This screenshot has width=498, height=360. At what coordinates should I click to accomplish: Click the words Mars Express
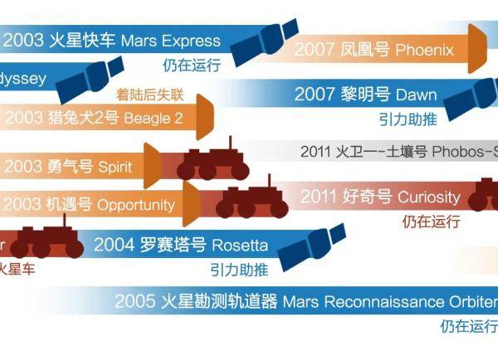click(x=170, y=41)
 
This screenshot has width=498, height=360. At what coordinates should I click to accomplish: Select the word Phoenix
click(x=424, y=50)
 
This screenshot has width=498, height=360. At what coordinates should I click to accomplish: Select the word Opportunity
click(x=136, y=204)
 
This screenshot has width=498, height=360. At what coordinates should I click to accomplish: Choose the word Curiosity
click(x=428, y=197)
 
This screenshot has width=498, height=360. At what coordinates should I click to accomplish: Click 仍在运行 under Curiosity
click(x=430, y=221)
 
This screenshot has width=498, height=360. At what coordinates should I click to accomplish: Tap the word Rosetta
click(x=240, y=245)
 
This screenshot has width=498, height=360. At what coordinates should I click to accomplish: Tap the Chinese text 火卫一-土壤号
click(x=371, y=152)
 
